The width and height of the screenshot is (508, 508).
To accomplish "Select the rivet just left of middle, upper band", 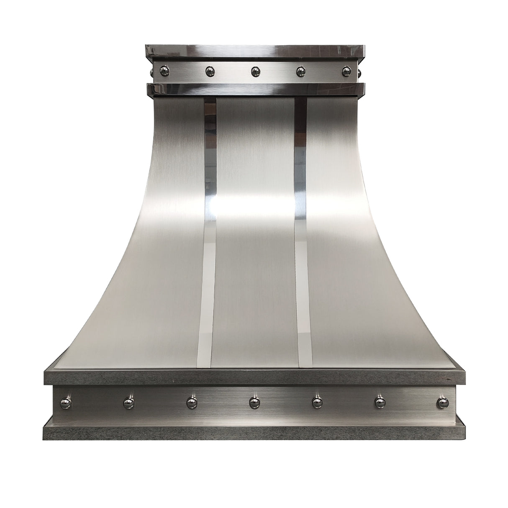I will point(209,72).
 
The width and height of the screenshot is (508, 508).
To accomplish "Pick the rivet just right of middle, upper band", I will point(301,72).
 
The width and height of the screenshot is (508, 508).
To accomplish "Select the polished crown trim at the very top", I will point(254,52).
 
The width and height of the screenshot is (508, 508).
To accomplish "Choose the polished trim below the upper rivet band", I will point(254,88).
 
